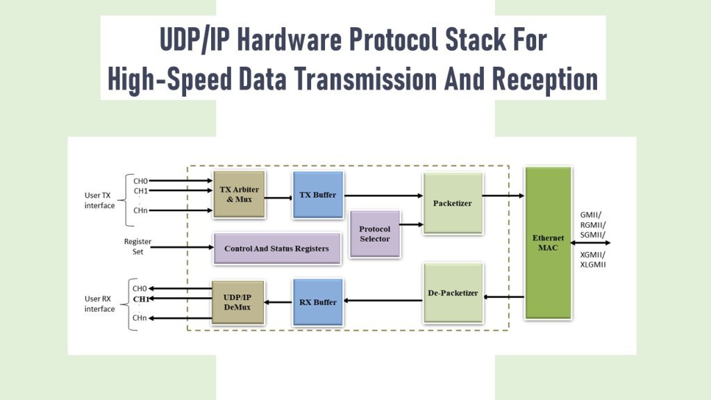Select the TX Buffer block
point(318,195)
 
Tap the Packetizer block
point(452,203)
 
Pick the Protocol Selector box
point(374,233)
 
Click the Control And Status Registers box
point(276,248)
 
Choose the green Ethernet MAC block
point(548,242)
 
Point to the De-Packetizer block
point(452,292)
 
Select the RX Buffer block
point(318,302)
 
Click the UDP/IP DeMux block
point(238,302)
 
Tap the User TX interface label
point(100,201)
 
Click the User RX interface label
point(100,303)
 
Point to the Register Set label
point(137,247)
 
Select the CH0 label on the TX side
point(140,181)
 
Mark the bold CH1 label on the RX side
point(140,299)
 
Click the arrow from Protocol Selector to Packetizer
point(412,224)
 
